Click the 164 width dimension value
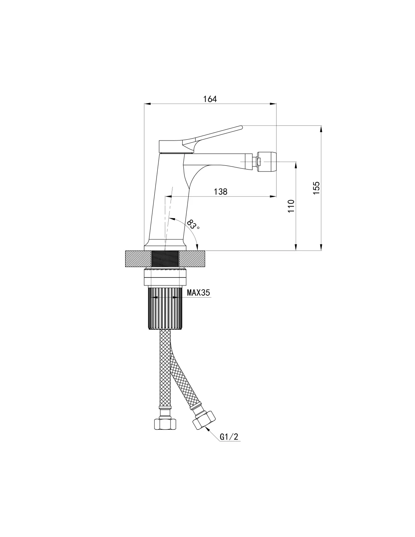click(x=210, y=99)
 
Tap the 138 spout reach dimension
click(x=220, y=191)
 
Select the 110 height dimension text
click(x=291, y=206)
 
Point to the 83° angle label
click(x=193, y=224)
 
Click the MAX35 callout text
click(x=198, y=293)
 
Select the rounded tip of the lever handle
click(x=241, y=127)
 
